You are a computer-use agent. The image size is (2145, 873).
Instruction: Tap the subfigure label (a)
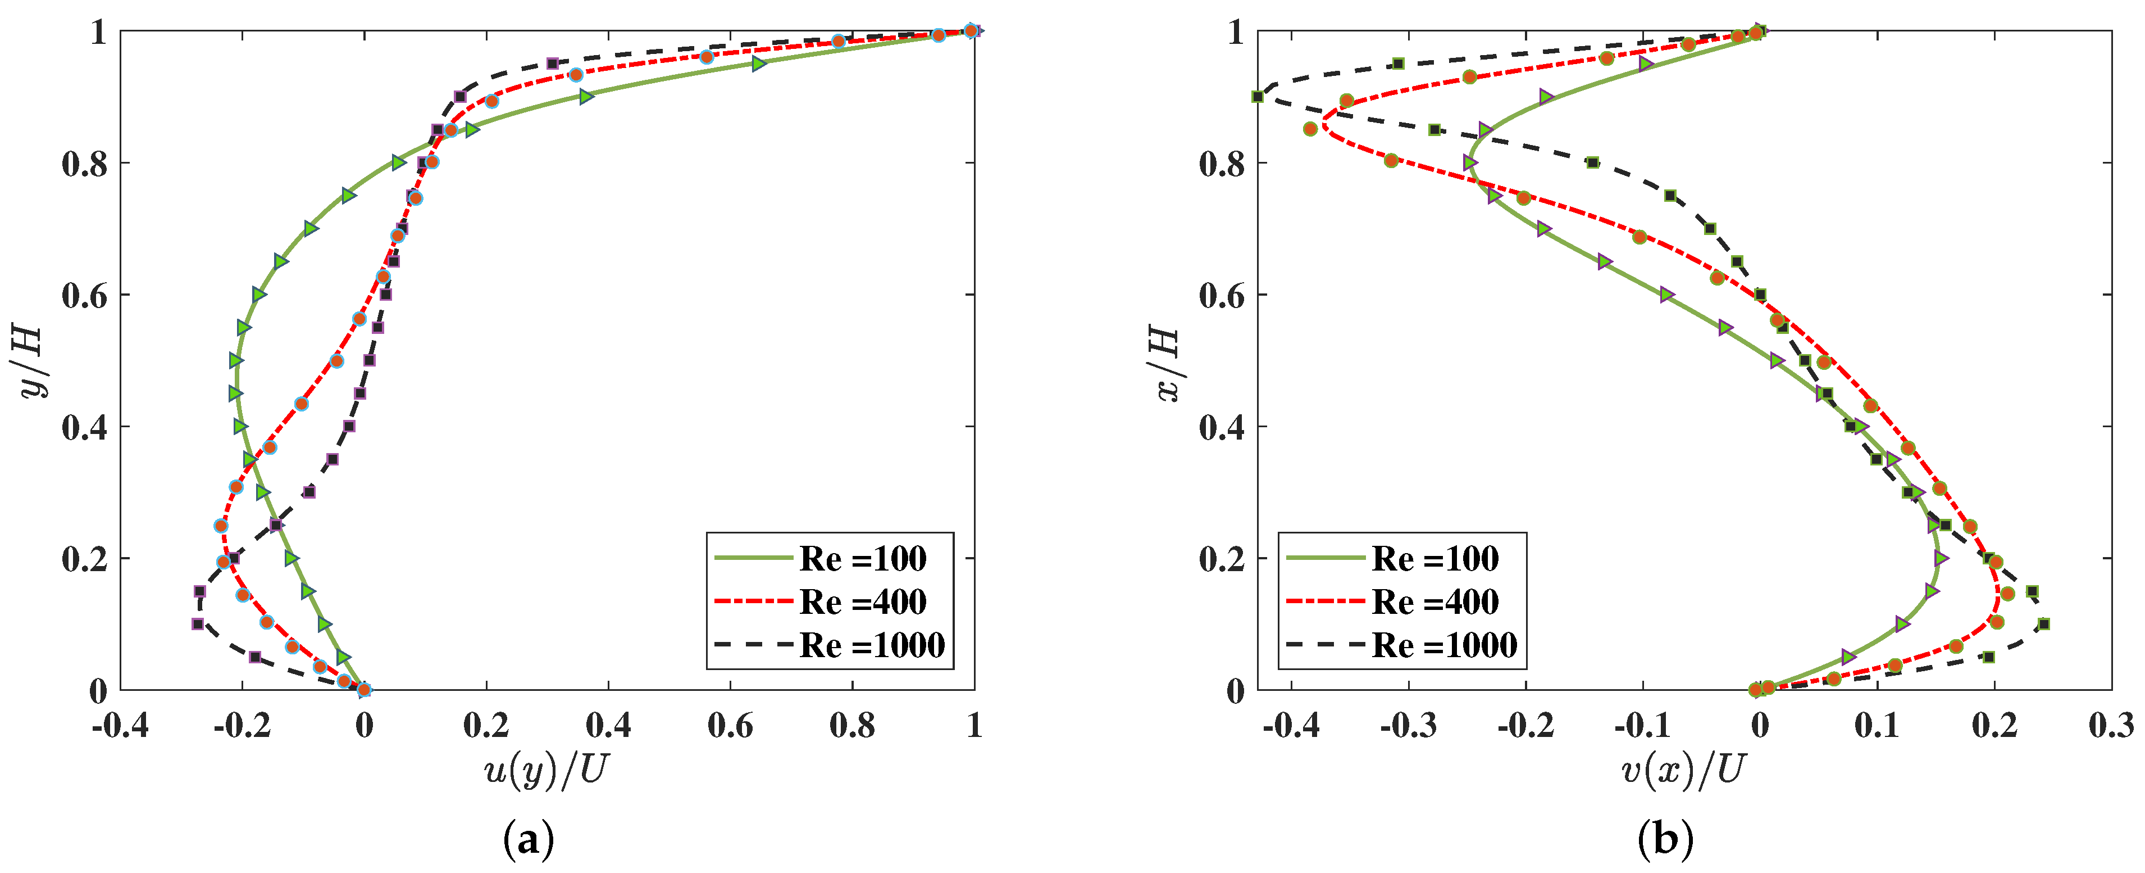click(x=529, y=842)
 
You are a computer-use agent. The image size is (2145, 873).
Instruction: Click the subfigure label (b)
click(x=1665, y=842)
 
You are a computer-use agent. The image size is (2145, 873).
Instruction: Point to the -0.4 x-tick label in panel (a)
click(x=120, y=726)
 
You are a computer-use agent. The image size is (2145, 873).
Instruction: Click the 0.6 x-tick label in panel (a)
click(x=730, y=726)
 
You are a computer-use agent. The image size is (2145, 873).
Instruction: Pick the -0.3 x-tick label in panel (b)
click(x=1408, y=726)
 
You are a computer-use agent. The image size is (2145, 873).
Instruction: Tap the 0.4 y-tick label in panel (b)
click(x=1222, y=427)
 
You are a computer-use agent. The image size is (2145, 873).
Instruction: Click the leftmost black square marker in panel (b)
click(x=1258, y=97)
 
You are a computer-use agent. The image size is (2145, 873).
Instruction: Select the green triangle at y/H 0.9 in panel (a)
click(x=586, y=97)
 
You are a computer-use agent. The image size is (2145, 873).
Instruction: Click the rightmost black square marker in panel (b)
click(x=2043, y=624)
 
